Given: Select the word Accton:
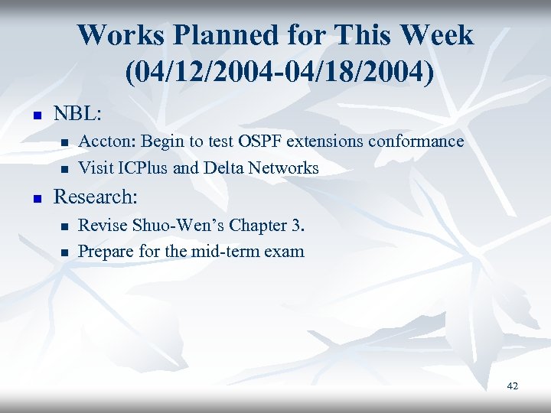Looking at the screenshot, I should [x=107, y=141].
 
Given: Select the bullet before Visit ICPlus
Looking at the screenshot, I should [x=65, y=169].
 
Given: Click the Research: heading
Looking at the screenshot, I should [x=96, y=197].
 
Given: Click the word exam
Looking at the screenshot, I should [x=284, y=252].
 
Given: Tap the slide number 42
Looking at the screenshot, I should [x=512, y=386].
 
